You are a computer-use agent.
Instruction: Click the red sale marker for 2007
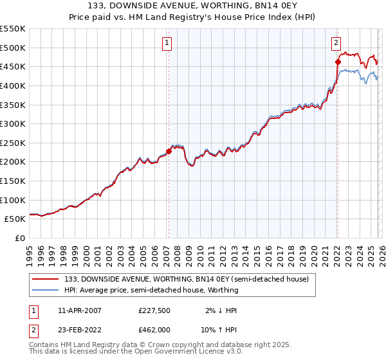point(169,151)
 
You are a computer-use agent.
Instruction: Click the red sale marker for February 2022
point(337,62)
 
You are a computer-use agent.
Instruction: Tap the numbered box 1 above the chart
point(167,43)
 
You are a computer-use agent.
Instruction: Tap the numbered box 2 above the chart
point(336,43)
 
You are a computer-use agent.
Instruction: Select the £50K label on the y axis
point(15,219)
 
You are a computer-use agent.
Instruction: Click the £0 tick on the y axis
point(21,239)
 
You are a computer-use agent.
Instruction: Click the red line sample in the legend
point(46,279)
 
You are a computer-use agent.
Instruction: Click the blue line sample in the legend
point(46,290)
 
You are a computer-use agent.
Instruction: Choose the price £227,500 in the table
point(154,310)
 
